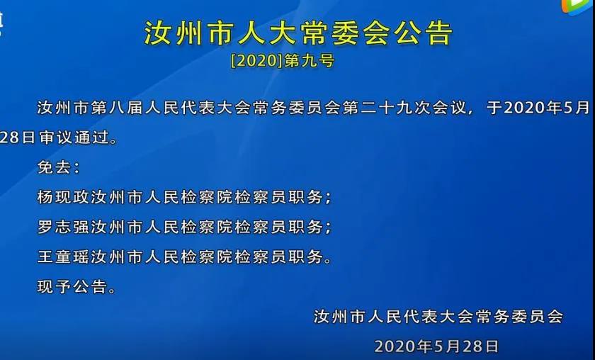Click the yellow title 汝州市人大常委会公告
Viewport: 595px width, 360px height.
point(298,33)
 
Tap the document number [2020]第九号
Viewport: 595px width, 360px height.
point(283,61)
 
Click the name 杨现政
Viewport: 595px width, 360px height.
point(64,197)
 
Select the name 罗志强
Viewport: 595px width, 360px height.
point(64,227)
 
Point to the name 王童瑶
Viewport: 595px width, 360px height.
point(64,257)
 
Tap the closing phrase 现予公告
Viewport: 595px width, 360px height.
point(72,286)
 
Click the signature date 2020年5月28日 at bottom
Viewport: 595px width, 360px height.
point(436,346)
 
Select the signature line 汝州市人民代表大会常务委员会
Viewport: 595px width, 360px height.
point(438,316)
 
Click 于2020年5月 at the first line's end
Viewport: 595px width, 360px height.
point(538,108)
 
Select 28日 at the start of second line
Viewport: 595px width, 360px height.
point(18,137)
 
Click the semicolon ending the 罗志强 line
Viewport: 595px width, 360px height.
point(328,228)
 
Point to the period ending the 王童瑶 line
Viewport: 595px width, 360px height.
point(328,261)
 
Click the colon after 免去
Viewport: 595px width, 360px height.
point(77,168)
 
